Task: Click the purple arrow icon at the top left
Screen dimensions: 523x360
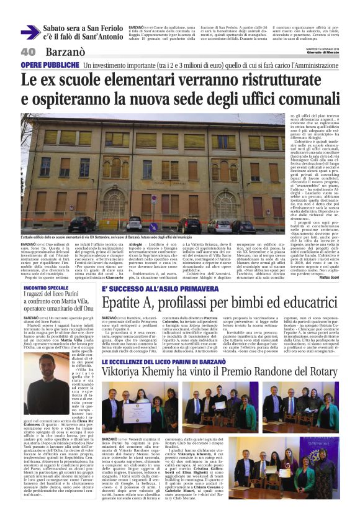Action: [30, 32]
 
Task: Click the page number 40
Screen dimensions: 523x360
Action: [28, 52]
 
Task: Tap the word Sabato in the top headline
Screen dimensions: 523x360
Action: [60, 27]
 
